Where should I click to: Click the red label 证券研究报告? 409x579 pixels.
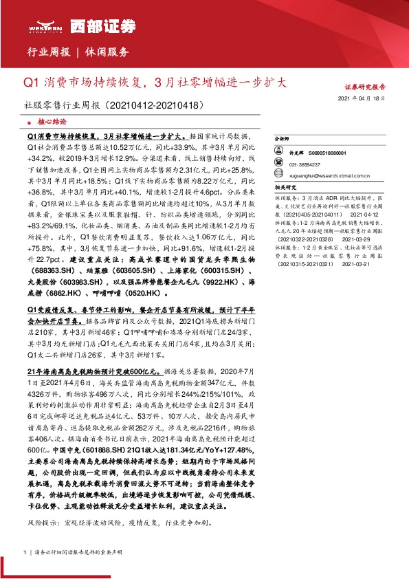[365, 87]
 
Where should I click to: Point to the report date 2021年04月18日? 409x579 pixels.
[366, 100]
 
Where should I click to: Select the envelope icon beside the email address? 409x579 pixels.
[280, 175]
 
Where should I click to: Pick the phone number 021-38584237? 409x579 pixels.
[305, 165]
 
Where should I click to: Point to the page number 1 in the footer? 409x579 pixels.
[25, 553]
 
